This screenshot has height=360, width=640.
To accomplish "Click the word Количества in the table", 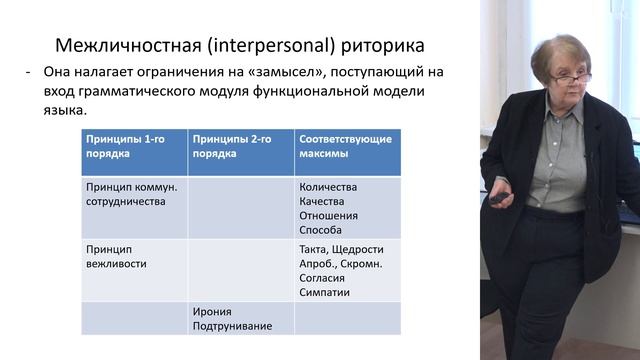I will (x=327, y=187).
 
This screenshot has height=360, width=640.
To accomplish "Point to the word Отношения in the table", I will (x=327, y=215).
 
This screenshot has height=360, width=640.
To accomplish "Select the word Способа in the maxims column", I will (x=320, y=229).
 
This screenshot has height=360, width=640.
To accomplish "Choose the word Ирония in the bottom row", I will (x=213, y=312).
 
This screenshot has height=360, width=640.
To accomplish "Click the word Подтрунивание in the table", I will (x=232, y=326).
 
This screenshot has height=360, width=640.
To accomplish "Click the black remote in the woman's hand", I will (x=497, y=198).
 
